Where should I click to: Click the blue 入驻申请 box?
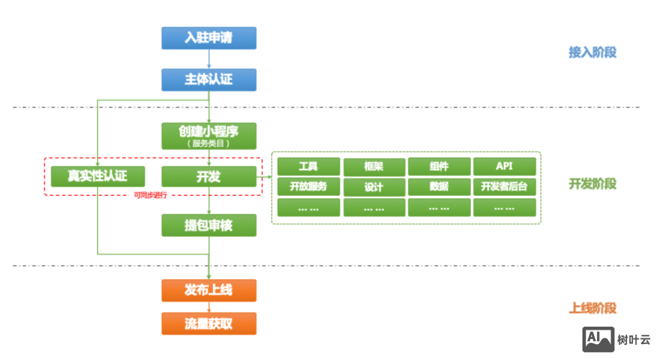pos(209,37)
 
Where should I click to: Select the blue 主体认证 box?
pos(209,79)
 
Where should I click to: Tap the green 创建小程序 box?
pos(209,135)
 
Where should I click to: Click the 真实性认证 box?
pos(97,176)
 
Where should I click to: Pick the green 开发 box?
pos(209,176)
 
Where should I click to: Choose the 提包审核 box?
pos(209,225)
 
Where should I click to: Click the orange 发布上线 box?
pos(209,290)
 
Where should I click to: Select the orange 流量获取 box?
pos(209,323)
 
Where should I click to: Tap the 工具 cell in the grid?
pos(308,166)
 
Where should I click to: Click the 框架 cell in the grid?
pos(374,166)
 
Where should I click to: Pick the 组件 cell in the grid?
pos(439,166)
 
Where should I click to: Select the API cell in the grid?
pos(505,166)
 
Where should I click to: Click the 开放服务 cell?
pos(308,186)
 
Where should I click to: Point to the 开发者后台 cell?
pos(505,186)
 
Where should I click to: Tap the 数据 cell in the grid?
pos(439,186)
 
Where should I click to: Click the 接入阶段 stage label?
pos(592,53)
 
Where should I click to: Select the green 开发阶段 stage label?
pos(592,184)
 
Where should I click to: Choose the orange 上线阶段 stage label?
pos(592,308)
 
